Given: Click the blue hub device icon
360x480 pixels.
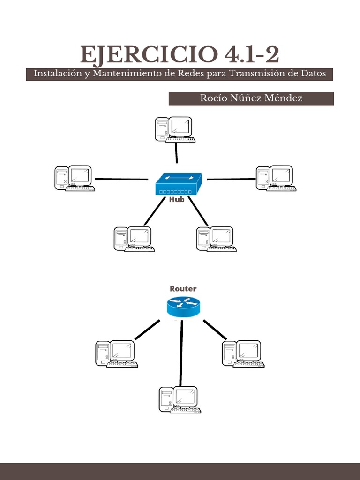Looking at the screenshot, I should click(x=179, y=184).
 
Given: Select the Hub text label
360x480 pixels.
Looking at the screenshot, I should click(x=177, y=199).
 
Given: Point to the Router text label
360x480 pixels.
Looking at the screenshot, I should click(x=183, y=289).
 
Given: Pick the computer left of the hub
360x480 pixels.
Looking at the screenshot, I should click(x=75, y=178).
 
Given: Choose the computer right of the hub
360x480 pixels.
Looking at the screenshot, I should click(x=276, y=178).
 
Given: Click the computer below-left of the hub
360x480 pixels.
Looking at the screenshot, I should click(x=134, y=239).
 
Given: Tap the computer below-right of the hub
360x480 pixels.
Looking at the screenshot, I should click(x=216, y=239).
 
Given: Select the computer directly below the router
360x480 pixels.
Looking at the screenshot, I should click(x=180, y=400).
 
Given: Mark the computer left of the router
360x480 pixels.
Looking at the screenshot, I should click(x=116, y=353).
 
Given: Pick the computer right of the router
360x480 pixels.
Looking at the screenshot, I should click(x=242, y=353).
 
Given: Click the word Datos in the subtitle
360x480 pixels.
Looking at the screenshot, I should click(x=311, y=74).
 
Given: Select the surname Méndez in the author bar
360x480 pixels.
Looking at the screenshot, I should click(x=284, y=98).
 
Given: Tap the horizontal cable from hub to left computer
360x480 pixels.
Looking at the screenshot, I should click(x=121, y=179).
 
